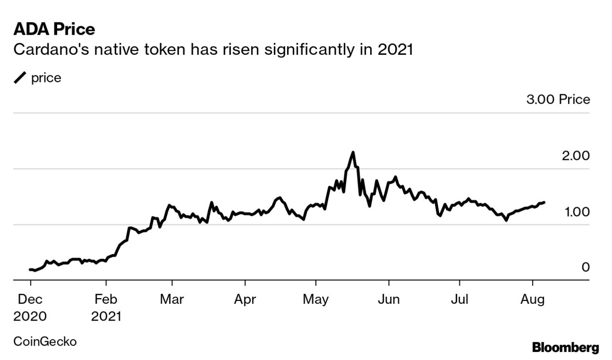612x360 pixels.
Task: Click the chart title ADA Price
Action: [x=54, y=30]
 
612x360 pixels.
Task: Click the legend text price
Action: [x=46, y=78]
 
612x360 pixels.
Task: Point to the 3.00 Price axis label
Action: [x=557, y=100]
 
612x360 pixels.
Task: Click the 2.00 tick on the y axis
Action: [x=575, y=156]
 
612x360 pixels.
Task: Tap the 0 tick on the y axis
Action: [x=585, y=268]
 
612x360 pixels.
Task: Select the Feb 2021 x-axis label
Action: [x=106, y=308]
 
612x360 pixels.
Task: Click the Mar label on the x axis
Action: [x=172, y=300]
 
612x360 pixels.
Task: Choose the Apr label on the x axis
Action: [x=245, y=300]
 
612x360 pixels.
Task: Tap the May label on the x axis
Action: [x=316, y=300]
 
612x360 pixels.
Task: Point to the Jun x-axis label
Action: [x=389, y=300]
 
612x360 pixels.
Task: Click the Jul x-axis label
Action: [x=460, y=300]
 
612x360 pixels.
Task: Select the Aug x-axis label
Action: [x=532, y=300]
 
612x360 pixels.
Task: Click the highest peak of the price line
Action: [x=353, y=152]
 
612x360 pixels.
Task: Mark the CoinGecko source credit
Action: [x=45, y=341]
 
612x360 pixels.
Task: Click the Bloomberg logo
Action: [x=565, y=347]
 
